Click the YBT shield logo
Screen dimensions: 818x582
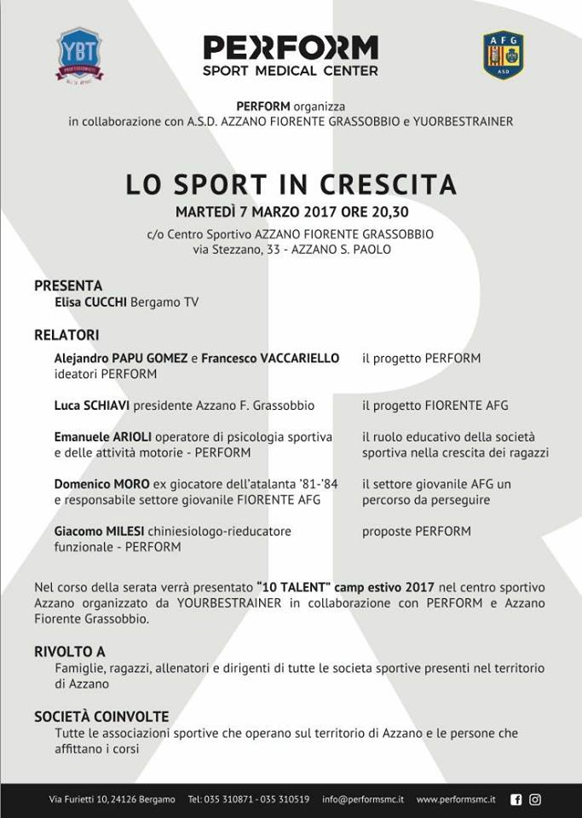coord(79,55)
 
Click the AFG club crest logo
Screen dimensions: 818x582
coord(503,55)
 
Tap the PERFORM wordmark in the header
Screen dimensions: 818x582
coord(291,48)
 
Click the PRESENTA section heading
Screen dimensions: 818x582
coord(68,285)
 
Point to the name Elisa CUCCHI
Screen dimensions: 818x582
coord(91,302)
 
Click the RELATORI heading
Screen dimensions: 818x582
coord(66,335)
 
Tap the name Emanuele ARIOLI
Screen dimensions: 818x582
coord(102,437)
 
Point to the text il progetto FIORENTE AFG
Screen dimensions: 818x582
coord(435,406)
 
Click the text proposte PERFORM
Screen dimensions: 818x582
coord(417,531)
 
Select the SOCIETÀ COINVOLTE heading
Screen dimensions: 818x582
coord(101,717)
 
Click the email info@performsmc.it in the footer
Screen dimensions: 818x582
coord(363,799)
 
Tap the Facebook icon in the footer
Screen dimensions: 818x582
coord(516,799)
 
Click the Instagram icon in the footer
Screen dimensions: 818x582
coord(535,799)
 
